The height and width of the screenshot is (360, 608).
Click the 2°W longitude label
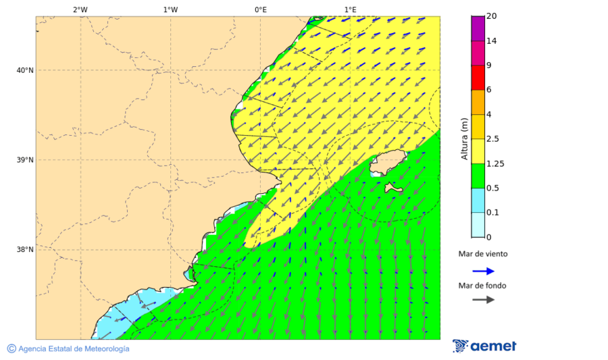pyautogui.click(x=80, y=9)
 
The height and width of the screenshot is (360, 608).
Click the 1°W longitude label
pyautogui.click(x=170, y=9)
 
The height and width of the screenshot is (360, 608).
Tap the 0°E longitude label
pyautogui.click(x=260, y=9)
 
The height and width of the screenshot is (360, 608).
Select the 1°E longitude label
pyautogui.click(x=350, y=9)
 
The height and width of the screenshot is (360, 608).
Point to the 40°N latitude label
pyautogui.click(x=24, y=70)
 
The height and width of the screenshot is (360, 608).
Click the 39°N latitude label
pyautogui.click(x=24, y=160)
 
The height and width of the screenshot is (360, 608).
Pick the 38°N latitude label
pyautogui.click(x=24, y=250)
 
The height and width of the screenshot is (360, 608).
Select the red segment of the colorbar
pyautogui.click(x=478, y=78)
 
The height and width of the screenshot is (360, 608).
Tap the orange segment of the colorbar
pyautogui.click(x=478, y=102)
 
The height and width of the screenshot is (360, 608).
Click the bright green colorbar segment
pyautogui.click(x=478, y=176)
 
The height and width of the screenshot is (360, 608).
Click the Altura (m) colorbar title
pyautogui.click(x=464, y=138)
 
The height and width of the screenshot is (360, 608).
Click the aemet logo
pyautogui.click(x=484, y=346)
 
